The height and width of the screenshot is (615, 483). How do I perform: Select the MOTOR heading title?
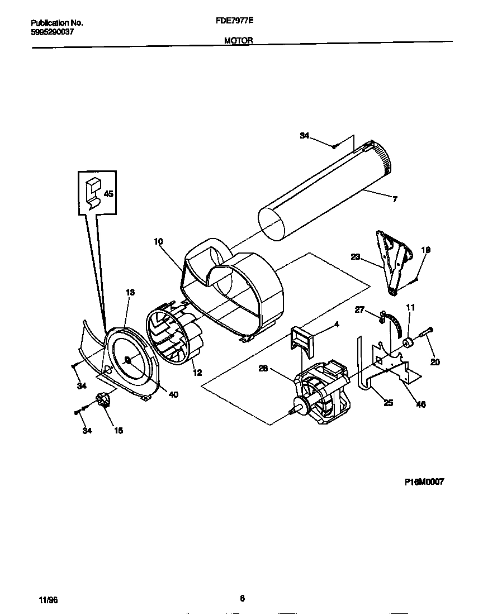(239, 40)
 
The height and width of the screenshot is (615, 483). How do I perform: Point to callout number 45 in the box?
(108, 194)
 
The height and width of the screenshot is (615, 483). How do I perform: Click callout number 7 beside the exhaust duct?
(395, 199)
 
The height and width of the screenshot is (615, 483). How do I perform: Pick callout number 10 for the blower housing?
(158, 241)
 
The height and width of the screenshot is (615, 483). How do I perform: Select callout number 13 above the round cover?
(130, 292)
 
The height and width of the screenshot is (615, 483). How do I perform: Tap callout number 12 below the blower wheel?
(197, 373)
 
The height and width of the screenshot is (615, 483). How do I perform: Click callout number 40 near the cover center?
(173, 394)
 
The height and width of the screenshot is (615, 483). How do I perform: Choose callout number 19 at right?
(425, 251)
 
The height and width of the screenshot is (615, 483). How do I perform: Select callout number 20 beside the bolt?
(435, 362)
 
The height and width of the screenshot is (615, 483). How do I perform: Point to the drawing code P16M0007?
(424, 481)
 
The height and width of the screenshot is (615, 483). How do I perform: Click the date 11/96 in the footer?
(48, 600)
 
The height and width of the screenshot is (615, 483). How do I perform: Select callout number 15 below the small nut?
(119, 430)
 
